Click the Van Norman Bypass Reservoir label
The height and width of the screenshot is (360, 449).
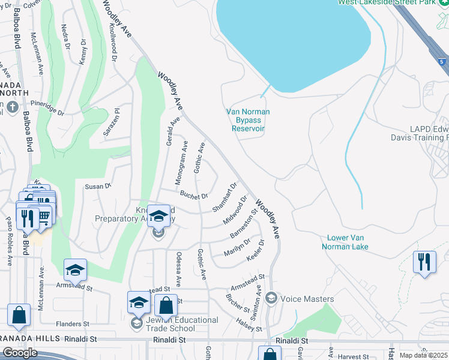pos(248,120)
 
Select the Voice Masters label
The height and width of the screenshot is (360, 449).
pos(307,299)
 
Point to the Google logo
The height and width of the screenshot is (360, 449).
pos(20,353)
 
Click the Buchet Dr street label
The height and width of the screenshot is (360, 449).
pos(193,195)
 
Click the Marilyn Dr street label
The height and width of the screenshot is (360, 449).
pos(237,247)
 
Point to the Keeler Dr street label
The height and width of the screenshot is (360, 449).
pos(256,251)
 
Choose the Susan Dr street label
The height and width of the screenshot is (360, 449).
pos(98,187)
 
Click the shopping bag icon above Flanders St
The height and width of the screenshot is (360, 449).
pos(19,316)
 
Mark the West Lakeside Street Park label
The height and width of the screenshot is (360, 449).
pos(393,2)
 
